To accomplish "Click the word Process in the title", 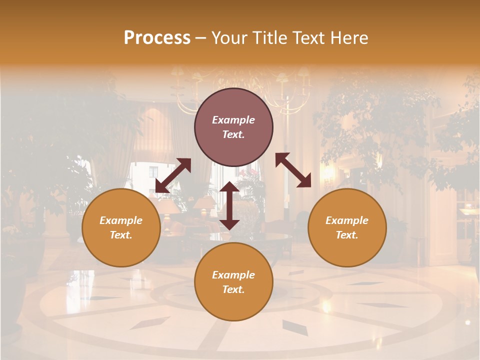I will point(157,38).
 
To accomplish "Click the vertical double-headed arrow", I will point(229,205).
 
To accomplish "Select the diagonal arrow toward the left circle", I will point(173,175).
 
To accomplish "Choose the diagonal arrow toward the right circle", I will point(293,170).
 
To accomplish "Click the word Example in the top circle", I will point(233,120).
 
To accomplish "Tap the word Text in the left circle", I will point(121,235).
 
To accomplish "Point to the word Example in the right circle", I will point(347,220).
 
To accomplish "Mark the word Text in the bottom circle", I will point(233,289).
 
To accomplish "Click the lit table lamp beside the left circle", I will point(169,206).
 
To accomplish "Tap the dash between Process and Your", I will point(200,38).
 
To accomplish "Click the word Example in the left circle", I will point(121,220).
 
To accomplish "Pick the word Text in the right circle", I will point(347,235).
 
